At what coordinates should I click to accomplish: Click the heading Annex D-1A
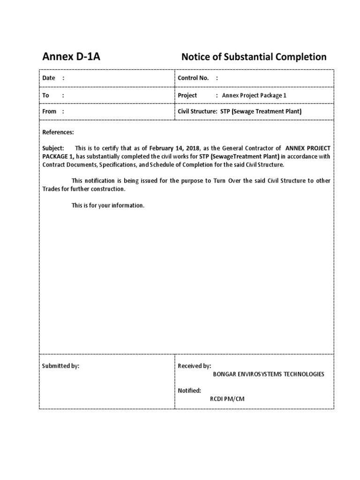(x=71, y=57)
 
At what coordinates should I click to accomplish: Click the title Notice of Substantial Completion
(x=254, y=57)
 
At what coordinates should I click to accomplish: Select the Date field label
(x=49, y=78)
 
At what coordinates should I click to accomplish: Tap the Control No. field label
(x=193, y=78)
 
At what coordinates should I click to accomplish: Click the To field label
(x=46, y=95)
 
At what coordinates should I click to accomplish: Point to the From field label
(x=49, y=112)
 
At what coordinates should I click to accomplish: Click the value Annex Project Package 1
(x=254, y=95)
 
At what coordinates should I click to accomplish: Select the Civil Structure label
(x=197, y=112)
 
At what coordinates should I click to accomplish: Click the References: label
(x=58, y=133)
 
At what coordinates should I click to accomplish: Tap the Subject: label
(x=53, y=148)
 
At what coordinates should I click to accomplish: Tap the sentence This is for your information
(x=108, y=205)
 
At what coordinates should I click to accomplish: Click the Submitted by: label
(x=61, y=366)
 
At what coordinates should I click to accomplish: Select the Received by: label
(x=195, y=366)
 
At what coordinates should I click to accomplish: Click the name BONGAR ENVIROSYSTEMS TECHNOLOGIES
(x=268, y=374)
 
